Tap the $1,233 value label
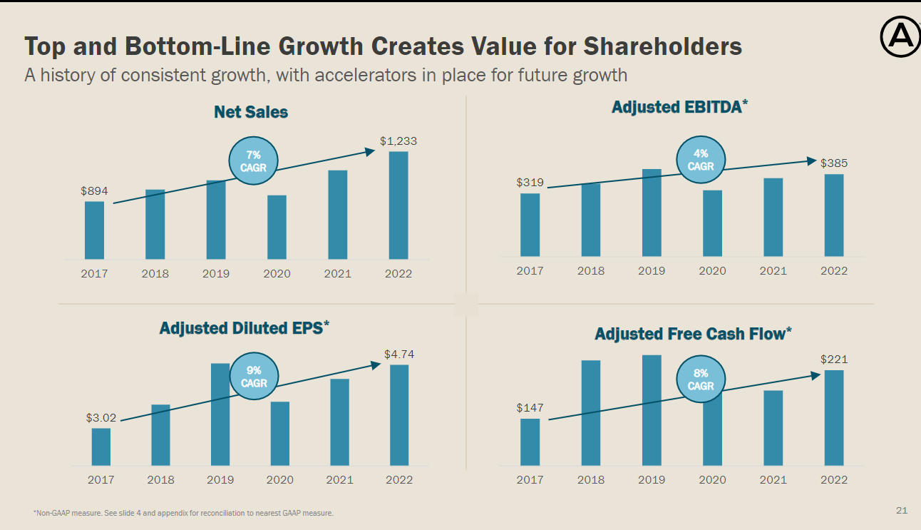point(398,141)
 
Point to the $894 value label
point(93,191)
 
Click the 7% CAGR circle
point(253,161)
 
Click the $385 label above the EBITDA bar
point(833,163)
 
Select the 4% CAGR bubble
point(701,160)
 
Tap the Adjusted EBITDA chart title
point(679,107)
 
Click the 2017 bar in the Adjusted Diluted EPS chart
point(101,447)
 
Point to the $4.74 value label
point(399,354)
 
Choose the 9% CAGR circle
point(254,377)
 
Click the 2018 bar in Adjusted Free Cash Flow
point(591,413)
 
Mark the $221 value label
point(833,360)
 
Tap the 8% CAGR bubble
point(701,379)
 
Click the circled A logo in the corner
point(900,38)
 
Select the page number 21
point(902,510)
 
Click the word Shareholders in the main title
point(663,46)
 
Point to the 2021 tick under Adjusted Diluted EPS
point(339,480)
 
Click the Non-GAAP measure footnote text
point(183,513)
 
